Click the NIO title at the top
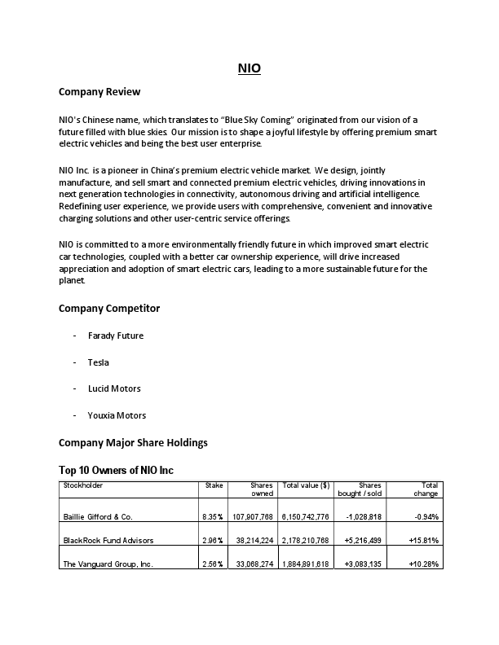point(249,69)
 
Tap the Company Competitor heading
point(109,308)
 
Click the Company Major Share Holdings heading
point(133,442)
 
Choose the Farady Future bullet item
point(116,336)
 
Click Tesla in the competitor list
point(99,362)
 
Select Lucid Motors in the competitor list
point(114,388)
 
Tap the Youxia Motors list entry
point(117,415)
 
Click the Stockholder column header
point(83,485)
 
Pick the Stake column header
point(214,485)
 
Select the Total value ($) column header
point(305,485)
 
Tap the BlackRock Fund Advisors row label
point(108,540)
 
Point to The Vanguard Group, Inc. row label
point(108,563)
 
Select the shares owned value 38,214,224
point(253,540)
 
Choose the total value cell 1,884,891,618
point(305,563)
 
